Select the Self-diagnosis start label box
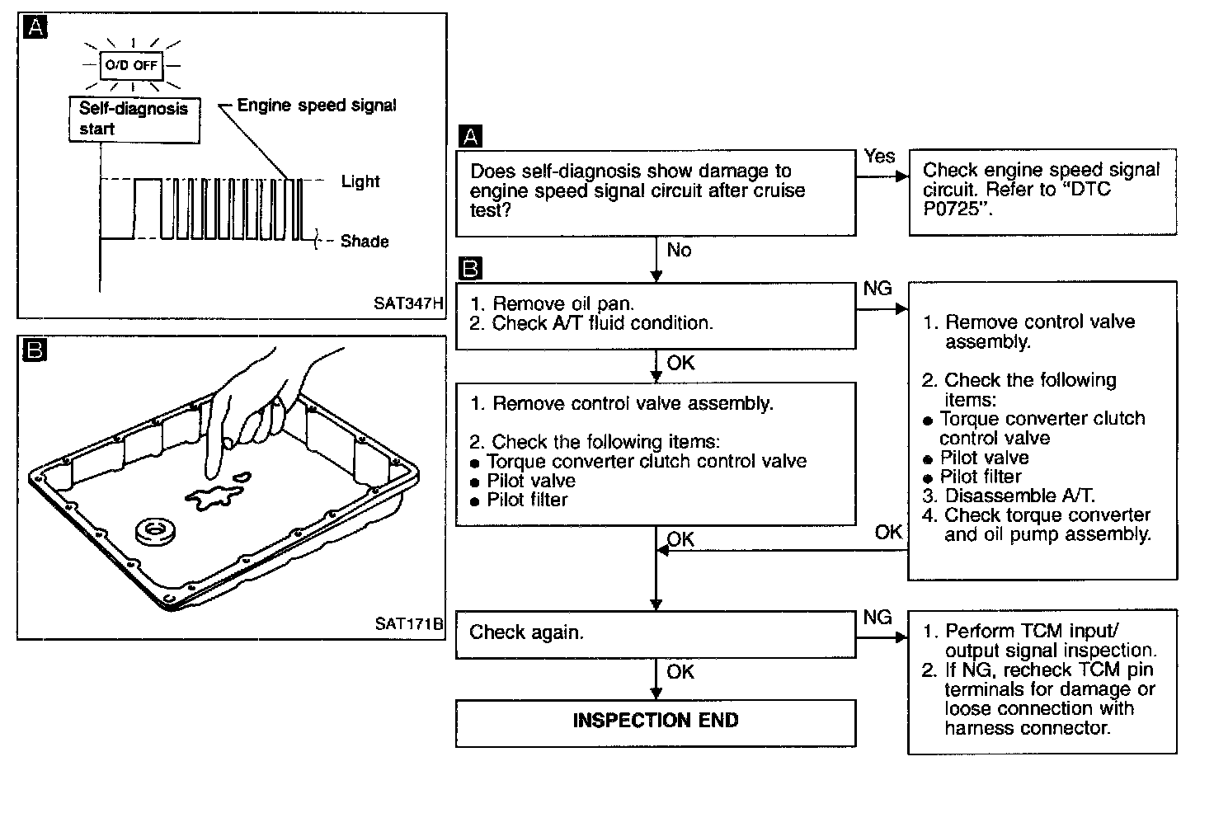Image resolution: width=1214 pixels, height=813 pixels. [x=134, y=119]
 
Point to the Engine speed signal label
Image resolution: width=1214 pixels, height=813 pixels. [x=317, y=106]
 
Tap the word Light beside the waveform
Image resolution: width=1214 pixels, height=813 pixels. [x=360, y=181]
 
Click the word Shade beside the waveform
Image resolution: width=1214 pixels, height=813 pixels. [x=365, y=242]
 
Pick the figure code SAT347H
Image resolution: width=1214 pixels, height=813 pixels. [x=408, y=303]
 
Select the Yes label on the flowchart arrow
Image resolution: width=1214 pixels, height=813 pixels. [x=880, y=156]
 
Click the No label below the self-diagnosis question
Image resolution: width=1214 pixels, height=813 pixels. [x=679, y=251]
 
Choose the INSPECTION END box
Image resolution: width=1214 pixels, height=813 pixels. [x=656, y=721]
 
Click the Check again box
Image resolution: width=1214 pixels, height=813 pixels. [x=656, y=633]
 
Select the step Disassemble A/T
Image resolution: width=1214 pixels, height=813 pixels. [x=1019, y=496]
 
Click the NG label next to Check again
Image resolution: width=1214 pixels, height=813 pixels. [x=878, y=618]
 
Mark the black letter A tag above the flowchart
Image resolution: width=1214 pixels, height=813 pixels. [x=470, y=136]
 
